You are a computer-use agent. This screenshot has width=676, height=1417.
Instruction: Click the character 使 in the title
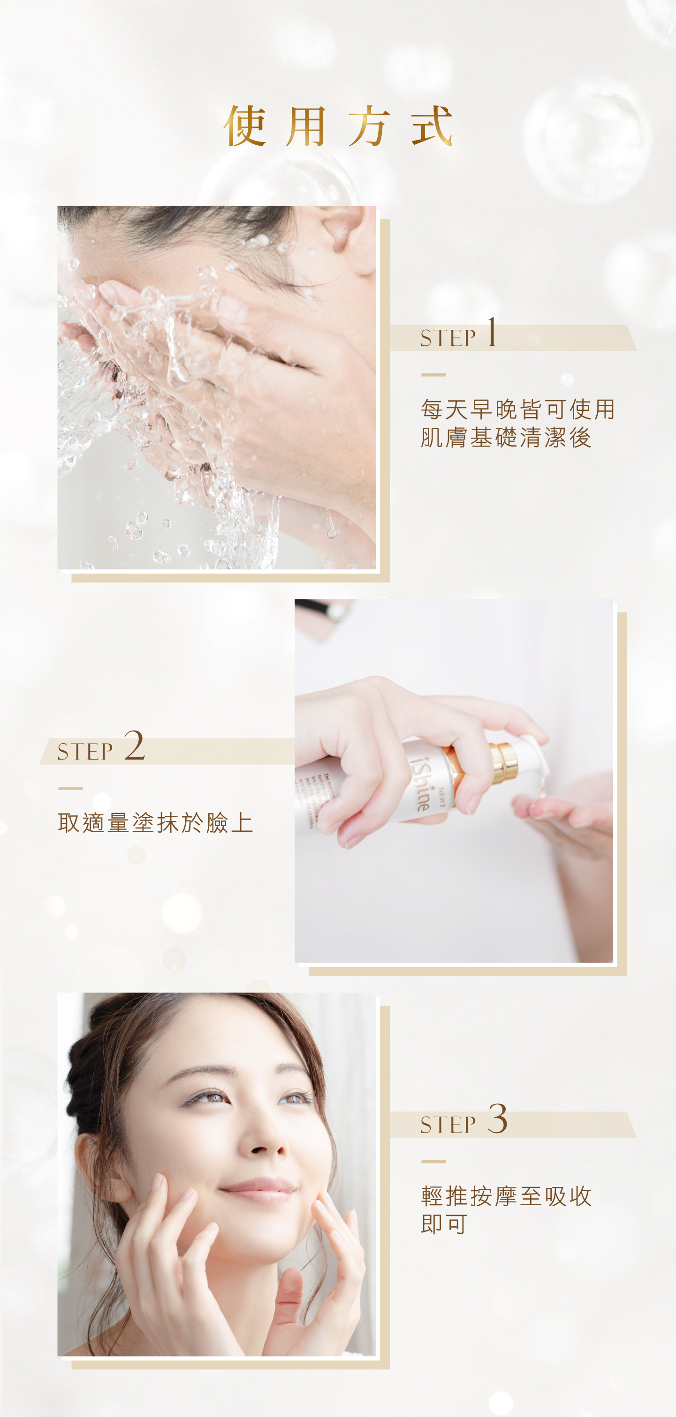(245, 127)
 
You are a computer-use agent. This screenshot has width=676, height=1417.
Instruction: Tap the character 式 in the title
(432, 127)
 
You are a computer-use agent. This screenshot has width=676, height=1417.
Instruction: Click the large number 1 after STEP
(492, 333)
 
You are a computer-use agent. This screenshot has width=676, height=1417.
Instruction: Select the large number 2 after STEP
(134, 746)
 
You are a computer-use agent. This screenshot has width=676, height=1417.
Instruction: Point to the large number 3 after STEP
(497, 1119)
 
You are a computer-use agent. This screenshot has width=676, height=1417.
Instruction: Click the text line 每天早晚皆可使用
(517, 409)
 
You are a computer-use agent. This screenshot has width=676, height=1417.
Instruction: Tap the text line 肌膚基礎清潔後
(505, 438)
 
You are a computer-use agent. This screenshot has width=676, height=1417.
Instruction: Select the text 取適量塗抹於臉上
(155, 823)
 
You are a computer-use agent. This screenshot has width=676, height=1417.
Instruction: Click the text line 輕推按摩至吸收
(505, 1196)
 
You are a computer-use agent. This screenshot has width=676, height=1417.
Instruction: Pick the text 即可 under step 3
(444, 1224)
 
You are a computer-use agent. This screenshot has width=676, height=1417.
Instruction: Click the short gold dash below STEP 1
(433, 374)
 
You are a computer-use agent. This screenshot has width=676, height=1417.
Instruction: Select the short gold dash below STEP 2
(70, 788)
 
